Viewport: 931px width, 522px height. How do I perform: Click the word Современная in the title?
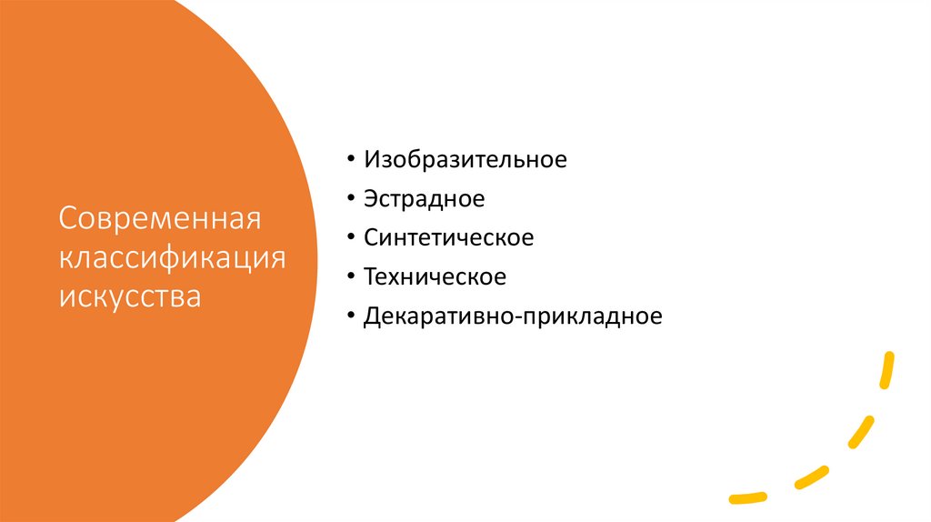tap(160, 219)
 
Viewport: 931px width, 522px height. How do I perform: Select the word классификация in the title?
tap(173, 258)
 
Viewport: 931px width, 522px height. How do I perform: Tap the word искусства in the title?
tap(130, 297)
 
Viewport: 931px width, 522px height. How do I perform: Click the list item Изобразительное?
tap(465, 160)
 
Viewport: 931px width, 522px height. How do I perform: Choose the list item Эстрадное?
tap(425, 199)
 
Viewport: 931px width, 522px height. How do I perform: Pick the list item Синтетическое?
tap(448, 238)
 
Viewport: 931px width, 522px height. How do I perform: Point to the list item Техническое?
tap(435, 276)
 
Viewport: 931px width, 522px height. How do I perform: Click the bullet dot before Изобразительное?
tap(350, 161)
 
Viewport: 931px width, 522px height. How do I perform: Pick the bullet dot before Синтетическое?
tap(350, 239)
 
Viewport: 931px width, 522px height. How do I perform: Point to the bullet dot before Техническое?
tap(350, 277)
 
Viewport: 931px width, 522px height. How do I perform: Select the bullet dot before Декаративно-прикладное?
tap(350, 316)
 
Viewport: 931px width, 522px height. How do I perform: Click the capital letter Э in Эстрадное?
tap(371, 199)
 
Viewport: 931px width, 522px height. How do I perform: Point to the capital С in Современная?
tap(69, 219)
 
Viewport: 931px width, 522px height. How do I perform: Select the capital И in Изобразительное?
tap(373, 160)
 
